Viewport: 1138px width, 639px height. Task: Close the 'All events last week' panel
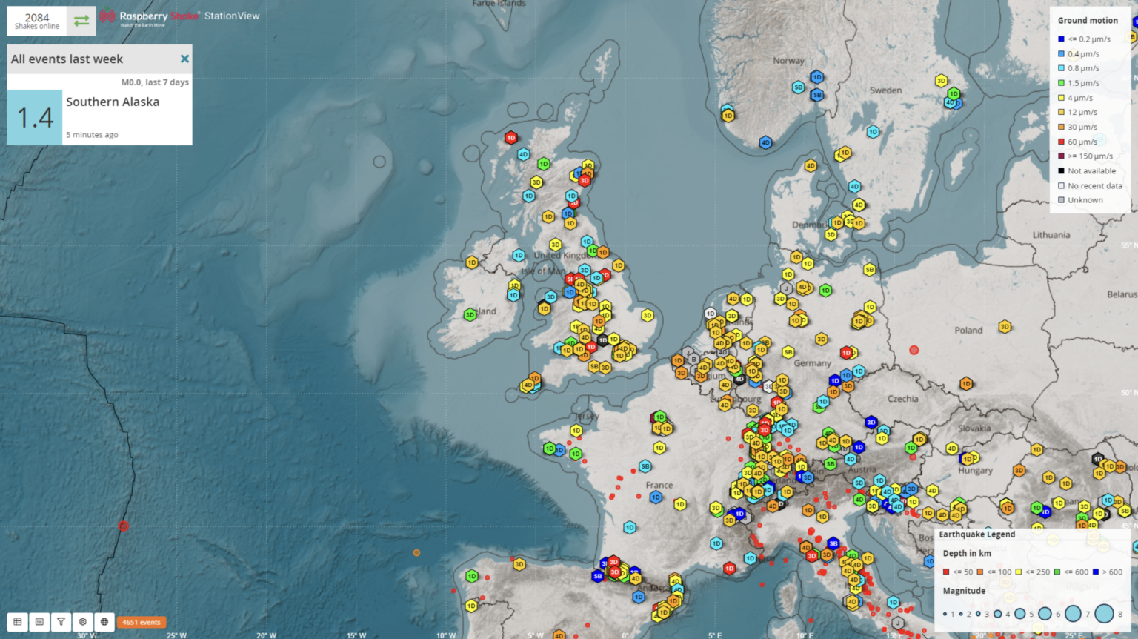(x=184, y=59)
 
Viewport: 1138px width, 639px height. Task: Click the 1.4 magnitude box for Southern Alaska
(x=35, y=117)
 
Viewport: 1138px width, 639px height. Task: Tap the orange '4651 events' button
(x=141, y=622)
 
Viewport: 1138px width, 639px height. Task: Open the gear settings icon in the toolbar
(x=83, y=622)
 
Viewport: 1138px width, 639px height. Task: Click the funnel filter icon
(x=61, y=622)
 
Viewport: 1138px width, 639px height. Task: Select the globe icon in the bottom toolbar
(x=104, y=622)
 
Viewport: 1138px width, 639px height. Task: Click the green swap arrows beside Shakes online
(x=81, y=21)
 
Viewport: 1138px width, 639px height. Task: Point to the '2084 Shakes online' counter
(x=37, y=21)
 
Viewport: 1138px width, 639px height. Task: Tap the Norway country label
(x=788, y=61)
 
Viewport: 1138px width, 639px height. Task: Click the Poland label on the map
(x=968, y=331)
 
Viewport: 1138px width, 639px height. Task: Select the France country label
(x=659, y=486)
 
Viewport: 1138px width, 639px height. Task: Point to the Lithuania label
(x=1051, y=235)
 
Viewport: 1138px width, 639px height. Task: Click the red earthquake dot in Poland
(x=914, y=350)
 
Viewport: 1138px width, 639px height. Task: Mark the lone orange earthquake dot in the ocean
(x=416, y=553)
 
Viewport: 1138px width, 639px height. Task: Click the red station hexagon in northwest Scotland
(x=510, y=138)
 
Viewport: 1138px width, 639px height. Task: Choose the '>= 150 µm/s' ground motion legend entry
(x=1062, y=156)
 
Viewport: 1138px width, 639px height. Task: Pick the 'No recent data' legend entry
(x=1062, y=186)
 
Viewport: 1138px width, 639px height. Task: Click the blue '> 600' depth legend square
(x=1096, y=572)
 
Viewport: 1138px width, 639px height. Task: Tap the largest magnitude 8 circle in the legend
(x=1104, y=613)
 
